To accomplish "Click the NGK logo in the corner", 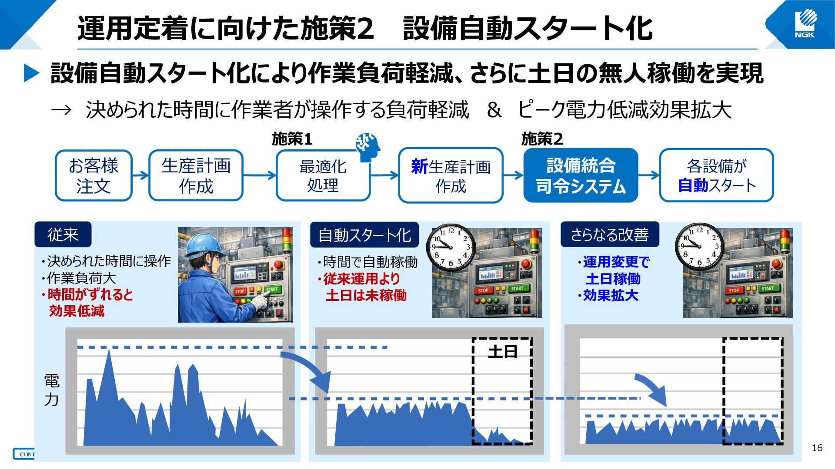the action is tap(805, 24).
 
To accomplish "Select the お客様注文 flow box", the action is tap(94, 175).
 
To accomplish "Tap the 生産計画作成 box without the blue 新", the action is tap(196, 175).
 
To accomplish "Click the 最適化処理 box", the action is tap(323, 175).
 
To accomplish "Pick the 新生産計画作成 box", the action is tap(451, 175).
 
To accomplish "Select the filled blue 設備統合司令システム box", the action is tap(581, 175).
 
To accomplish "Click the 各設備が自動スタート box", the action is tap(716, 175).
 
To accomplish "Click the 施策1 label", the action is tap(292, 139).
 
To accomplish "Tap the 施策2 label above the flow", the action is tap(542, 139).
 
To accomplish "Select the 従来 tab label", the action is tap(63, 234).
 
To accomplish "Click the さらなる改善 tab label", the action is tap(610, 234).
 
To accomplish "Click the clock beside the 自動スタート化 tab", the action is tap(451, 247).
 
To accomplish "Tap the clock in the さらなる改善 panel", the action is tap(699, 247).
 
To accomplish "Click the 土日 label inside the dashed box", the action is tap(503, 352).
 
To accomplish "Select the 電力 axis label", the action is tap(52, 390).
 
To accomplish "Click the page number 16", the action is tap(817, 448).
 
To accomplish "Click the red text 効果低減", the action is tap(77, 311).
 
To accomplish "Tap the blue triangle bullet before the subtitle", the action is tap(32, 73).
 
